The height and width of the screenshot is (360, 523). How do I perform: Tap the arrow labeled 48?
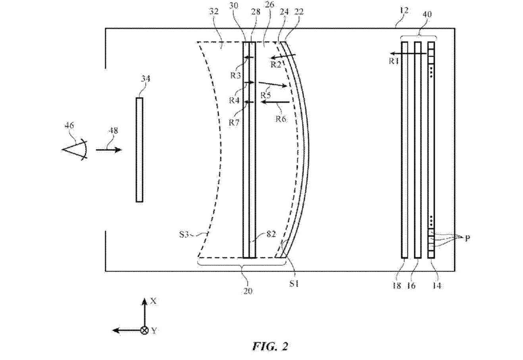pyautogui.click(x=109, y=149)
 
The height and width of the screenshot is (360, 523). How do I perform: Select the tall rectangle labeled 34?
pyautogui.click(x=139, y=150)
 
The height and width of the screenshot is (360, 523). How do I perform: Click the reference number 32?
pyautogui.click(x=213, y=11)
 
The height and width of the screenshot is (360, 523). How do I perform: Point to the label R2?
pyautogui.click(x=276, y=64)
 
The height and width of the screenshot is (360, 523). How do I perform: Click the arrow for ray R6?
pyautogui.click(x=275, y=102)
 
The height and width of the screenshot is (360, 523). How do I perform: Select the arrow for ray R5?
pyautogui.click(x=273, y=84)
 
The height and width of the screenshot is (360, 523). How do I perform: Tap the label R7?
pyautogui.click(x=234, y=122)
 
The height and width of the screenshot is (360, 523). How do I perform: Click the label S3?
pyautogui.click(x=184, y=234)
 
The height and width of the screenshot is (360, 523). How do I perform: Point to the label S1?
pyautogui.click(x=294, y=283)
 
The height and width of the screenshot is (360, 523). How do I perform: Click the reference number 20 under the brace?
pyautogui.click(x=248, y=291)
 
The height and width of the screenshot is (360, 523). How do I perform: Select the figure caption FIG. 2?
pyautogui.click(x=270, y=346)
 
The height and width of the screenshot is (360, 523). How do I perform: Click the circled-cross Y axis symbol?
pyautogui.click(x=145, y=330)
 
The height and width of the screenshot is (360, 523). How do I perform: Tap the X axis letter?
pyautogui.click(x=153, y=301)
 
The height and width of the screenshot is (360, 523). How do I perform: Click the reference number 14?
pyautogui.click(x=436, y=285)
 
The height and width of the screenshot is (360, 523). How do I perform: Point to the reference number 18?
pyautogui.click(x=397, y=285)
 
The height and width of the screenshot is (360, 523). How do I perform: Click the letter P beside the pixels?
pyautogui.click(x=467, y=238)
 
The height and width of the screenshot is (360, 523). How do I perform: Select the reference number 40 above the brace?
pyautogui.click(x=427, y=14)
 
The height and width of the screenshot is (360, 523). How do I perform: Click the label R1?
pyautogui.click(x=394, y=61)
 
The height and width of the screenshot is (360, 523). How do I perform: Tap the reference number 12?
pyautogui.click(x=404, y=10)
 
